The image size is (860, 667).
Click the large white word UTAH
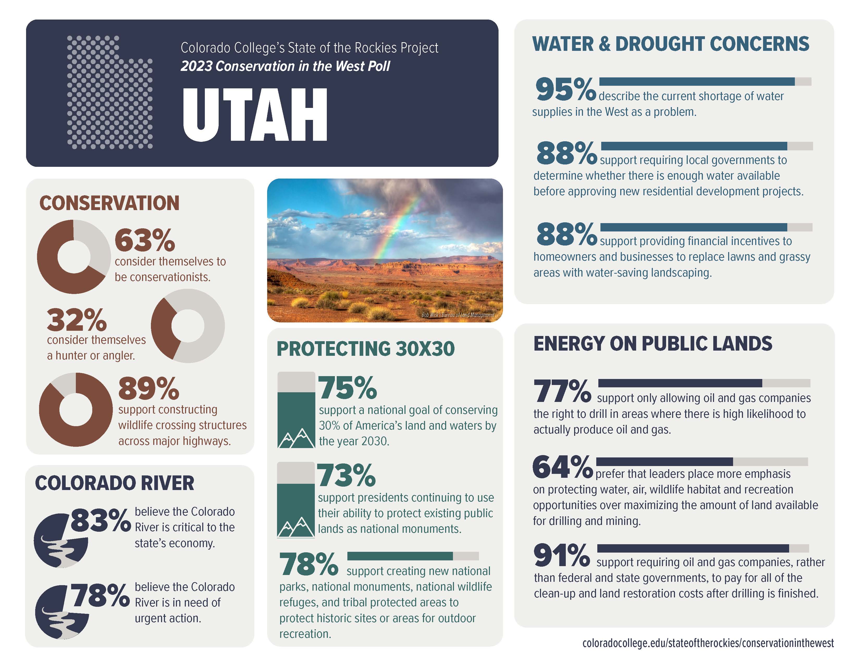[x=255, y=115]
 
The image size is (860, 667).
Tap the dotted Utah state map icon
[x=109, y=93]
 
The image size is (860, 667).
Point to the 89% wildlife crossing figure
[x=149, y=389]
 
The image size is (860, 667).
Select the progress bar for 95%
[x=705, y=82]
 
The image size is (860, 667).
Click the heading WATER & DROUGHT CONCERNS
[x=671, y=44]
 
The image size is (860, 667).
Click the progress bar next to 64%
[x=702, y=461]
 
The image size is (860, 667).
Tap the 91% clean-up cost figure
[x=562, y=555]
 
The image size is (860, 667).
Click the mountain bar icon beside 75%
[x=296, y=410]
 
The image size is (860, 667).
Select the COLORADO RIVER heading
[x=115, y=483]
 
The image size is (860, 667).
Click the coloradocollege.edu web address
[x=708, y=643]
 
